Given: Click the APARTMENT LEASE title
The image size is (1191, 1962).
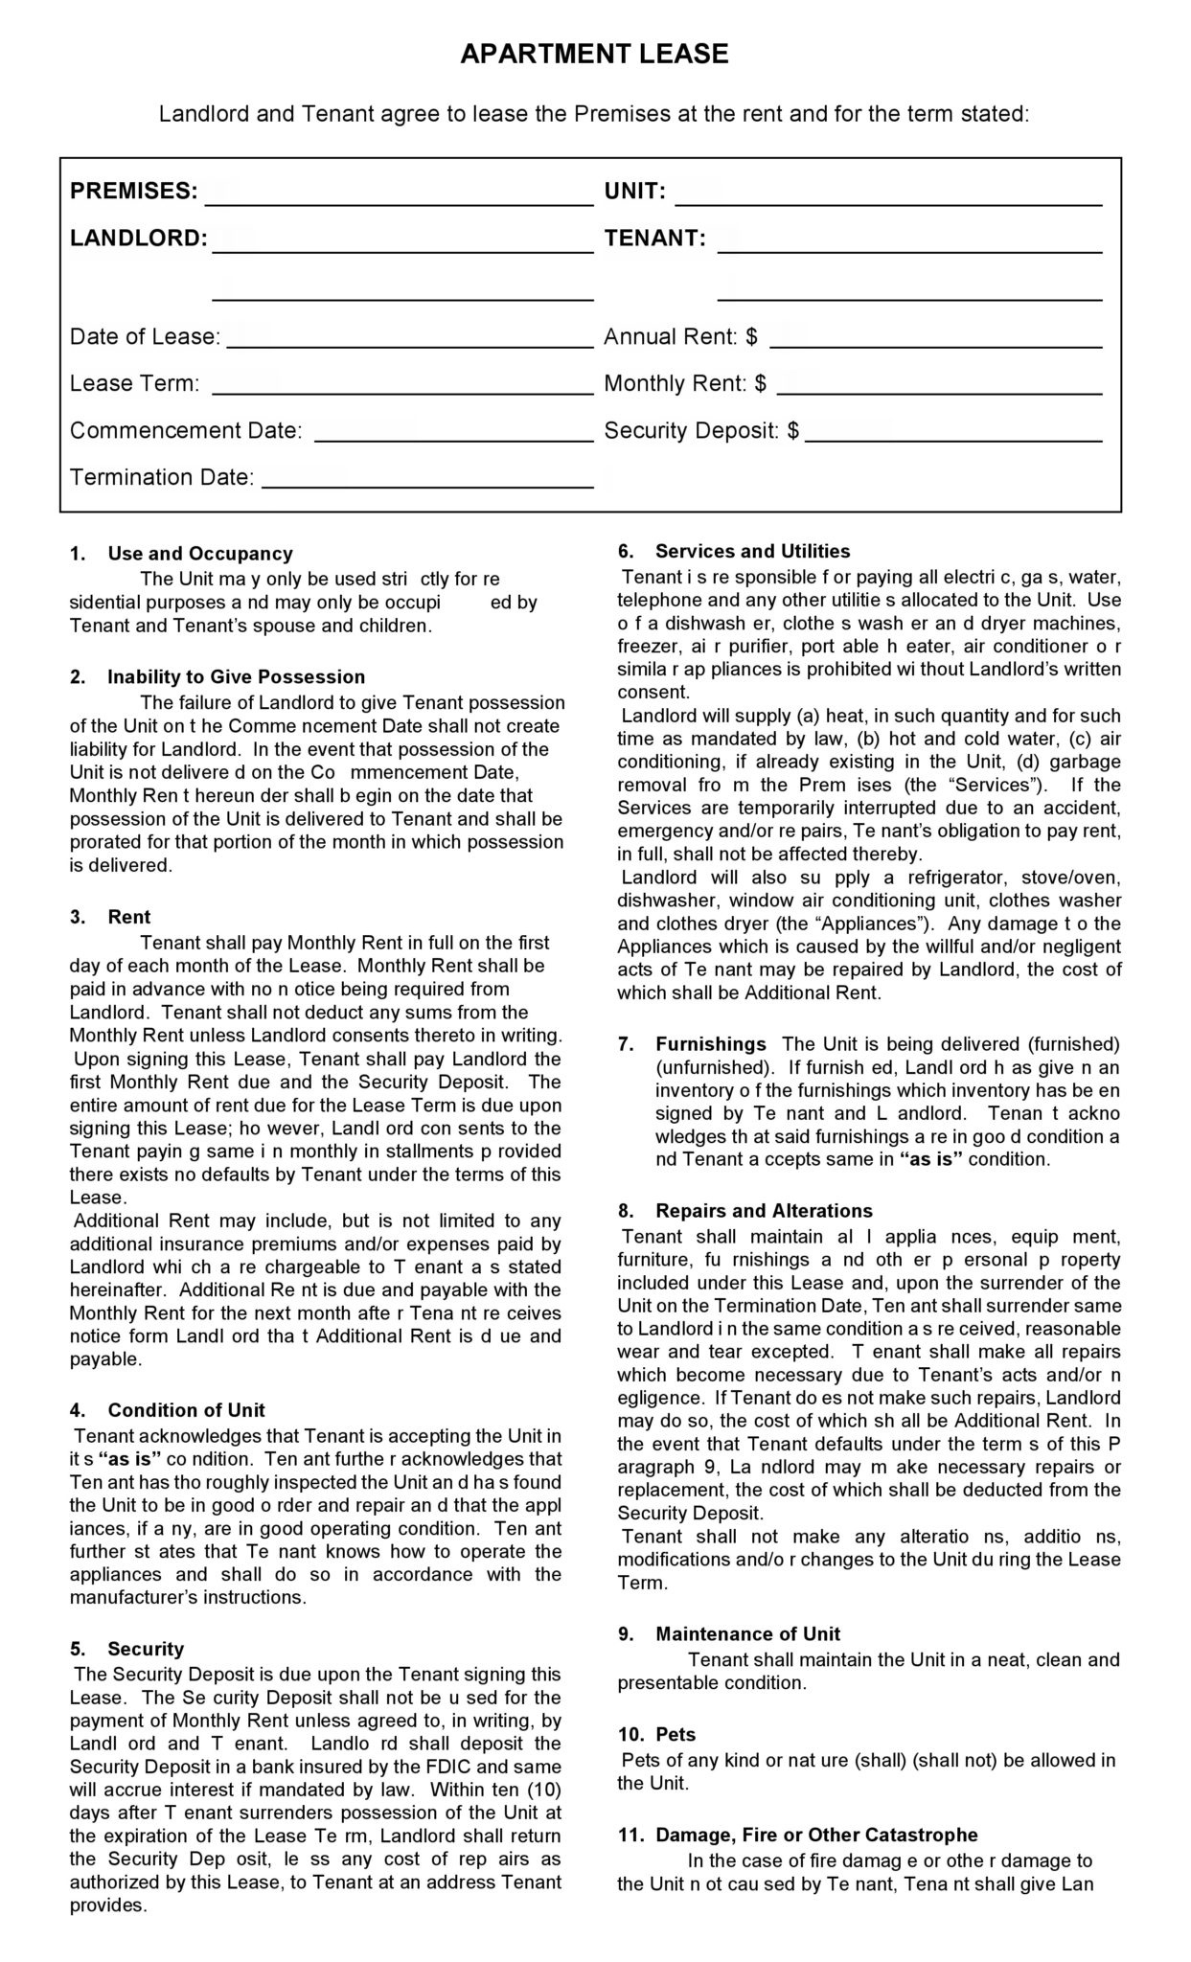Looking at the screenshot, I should (594, 55).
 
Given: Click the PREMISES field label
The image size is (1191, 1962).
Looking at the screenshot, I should (133, 191).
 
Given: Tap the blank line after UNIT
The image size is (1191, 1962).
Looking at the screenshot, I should (888, 196).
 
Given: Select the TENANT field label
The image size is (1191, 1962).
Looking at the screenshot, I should (654, 239).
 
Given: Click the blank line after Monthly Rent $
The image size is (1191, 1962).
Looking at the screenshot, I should (939, 387).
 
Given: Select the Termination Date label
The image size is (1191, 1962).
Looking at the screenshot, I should (162, 477).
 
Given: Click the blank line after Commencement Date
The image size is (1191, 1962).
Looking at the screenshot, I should (454, 434).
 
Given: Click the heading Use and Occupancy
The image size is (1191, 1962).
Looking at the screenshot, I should (199, 554).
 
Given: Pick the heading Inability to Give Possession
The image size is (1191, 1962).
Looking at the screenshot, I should (236, 677).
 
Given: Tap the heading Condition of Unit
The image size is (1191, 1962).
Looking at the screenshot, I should (186, 1410).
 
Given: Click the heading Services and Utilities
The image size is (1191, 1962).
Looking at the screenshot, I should (752, 551).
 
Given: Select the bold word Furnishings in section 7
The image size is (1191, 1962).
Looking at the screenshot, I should (710, 1044).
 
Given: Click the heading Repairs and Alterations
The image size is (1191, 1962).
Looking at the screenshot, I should (764, 1211).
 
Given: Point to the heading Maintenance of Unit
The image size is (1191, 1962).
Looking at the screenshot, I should (747, 1634).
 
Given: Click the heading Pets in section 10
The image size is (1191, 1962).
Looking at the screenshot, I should (676, 1735).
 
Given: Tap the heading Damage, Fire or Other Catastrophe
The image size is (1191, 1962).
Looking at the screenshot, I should (816, 1836).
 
